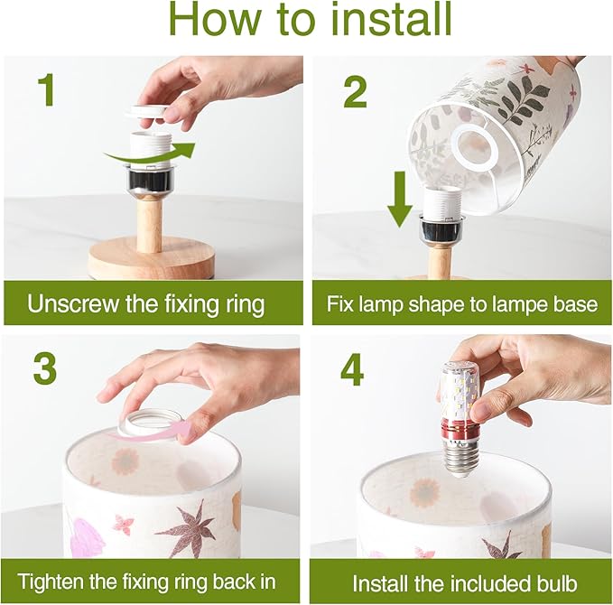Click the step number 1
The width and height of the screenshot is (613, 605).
47,90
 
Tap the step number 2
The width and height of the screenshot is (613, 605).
355,91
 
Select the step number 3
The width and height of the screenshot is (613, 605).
45,369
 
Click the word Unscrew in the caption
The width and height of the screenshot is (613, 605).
73,303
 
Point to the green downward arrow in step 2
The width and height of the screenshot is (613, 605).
400,199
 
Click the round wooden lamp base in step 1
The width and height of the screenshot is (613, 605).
151,257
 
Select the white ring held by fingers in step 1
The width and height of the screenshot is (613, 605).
147,112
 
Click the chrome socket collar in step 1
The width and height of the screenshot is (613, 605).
147,179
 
